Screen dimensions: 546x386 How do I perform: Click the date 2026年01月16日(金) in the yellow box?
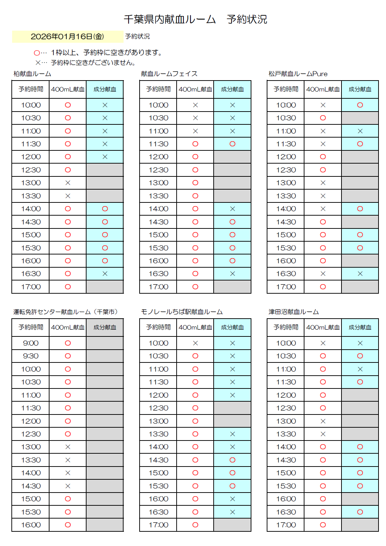coord(67,36)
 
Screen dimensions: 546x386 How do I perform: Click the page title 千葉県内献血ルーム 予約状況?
coord(195,19)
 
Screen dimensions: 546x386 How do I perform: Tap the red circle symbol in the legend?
coord(37,53)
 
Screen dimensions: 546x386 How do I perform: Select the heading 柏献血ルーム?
coord(32,74)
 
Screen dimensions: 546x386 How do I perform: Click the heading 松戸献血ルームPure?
coord(298,74)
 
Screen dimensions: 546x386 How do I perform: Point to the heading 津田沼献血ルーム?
coord(293,312)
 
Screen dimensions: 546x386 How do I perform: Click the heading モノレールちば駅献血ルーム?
coord(182,312)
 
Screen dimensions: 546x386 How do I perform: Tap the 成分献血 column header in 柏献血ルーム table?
coord(105,89)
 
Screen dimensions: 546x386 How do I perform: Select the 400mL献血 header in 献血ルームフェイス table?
coord(195,89)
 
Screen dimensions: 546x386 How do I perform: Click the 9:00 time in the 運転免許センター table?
coord(31,343)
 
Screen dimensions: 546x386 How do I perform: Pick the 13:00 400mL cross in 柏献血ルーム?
coord(68,183)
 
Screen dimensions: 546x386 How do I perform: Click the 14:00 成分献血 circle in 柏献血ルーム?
coord(105,209)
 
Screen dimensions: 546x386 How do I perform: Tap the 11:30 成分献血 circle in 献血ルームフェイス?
coord(232,144)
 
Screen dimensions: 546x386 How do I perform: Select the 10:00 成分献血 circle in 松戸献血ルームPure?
coord(360,105)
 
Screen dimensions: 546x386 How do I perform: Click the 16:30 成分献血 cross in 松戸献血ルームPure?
coord(360,274)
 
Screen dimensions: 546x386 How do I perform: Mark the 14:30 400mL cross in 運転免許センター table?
coord(68,486)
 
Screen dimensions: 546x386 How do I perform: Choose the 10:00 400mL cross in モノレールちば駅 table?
coord(195,343)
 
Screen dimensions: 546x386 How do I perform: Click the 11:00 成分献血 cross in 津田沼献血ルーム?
coord(360,369)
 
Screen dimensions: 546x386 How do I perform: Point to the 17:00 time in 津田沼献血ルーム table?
coord(286,525)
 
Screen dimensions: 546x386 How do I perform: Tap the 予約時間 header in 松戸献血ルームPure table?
coord(286,89)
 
